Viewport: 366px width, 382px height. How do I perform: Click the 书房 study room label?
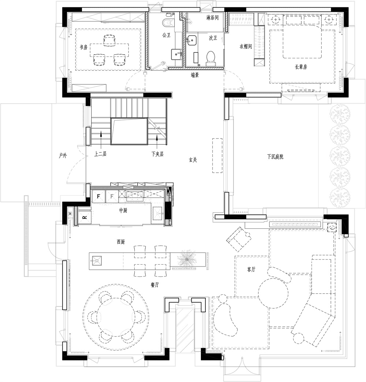[84, 47]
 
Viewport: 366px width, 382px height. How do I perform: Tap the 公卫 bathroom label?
[166, 35]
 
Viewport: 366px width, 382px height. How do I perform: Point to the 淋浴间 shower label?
[213, 18]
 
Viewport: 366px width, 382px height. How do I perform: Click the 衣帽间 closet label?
[246, 46]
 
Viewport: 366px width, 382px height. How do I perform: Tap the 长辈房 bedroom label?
[301, 67]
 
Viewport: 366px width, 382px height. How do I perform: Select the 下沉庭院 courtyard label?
[275, 157]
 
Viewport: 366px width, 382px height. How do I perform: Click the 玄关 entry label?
[193, 160]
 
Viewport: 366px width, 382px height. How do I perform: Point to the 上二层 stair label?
[100, 154]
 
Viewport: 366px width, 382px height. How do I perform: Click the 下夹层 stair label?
[157, 154]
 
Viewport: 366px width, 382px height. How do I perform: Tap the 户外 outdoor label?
[63, 155]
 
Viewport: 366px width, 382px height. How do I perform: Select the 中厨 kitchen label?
[123, 210]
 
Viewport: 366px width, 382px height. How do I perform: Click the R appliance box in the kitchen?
[85, 217]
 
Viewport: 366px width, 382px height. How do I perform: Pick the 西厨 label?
[121, 242]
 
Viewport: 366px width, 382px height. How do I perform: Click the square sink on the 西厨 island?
[97, 261]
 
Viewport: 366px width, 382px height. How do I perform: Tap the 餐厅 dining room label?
[155, 284]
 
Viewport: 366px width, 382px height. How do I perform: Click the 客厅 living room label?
[251, 269]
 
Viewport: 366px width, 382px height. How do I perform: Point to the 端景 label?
[195, 75]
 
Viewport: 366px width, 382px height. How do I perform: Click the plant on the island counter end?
[187, 258]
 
